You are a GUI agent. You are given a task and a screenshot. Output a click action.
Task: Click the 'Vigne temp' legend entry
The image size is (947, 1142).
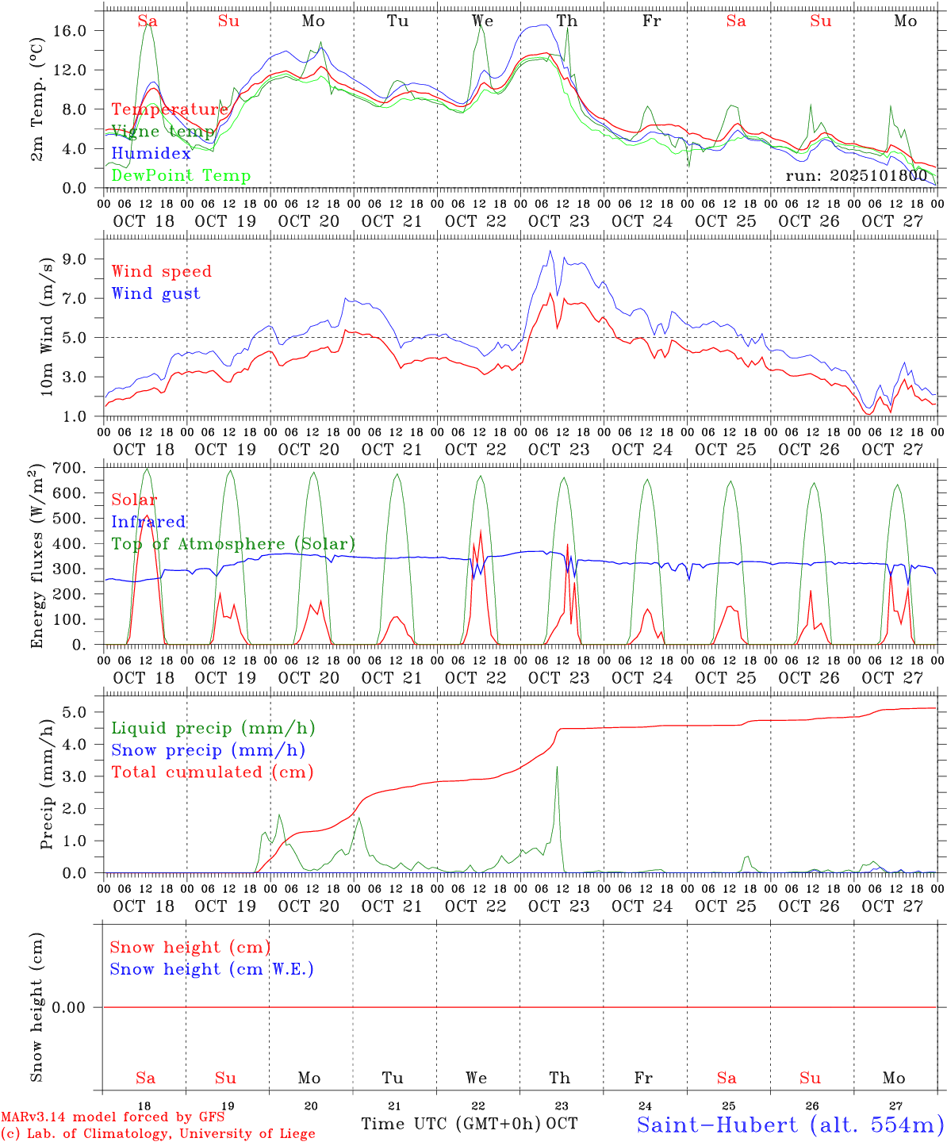pyautogui.click(x=163, y=132)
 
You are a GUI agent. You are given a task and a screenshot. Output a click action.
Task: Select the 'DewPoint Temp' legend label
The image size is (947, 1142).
pyautogui.click(x=181, y=176)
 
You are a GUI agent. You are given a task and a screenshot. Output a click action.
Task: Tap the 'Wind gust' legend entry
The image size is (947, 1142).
pyautogui.click(x=155, y=293)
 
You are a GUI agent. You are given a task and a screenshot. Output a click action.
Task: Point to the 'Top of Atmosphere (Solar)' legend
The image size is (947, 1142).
pyautogui.click(x=233, y=544)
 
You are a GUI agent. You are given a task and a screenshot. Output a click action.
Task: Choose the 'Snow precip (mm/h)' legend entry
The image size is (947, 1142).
pyautogui.click(x=208, y=750)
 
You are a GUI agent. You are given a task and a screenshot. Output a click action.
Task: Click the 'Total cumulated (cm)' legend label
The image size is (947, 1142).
pyautogui.click(x=212, y=772)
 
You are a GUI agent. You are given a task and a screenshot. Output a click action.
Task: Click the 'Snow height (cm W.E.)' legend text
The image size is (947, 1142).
pyautogui.click(x=212, y=969)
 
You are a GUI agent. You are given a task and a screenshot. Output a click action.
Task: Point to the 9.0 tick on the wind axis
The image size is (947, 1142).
pyautogui.click(x=82, y=259)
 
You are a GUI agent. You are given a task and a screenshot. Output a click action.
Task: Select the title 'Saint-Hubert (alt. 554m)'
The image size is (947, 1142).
pyautogui.click(x=790, y=1125)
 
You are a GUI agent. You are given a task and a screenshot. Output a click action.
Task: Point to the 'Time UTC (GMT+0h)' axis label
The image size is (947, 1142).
pyautogui.click(x=451, y=1124)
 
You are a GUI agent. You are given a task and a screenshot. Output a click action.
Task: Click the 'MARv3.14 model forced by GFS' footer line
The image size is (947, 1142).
pyautogui.click(x=113, y=1117)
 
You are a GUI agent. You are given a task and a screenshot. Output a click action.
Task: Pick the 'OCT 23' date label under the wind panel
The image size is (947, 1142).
pyautogui.click(x=559, y=450)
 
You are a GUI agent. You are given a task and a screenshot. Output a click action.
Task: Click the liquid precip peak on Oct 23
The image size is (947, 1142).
pyautogui.click(x=557, y=767)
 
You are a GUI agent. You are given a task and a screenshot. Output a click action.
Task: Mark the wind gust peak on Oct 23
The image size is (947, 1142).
pyautogui.click(x=550, y=251)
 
